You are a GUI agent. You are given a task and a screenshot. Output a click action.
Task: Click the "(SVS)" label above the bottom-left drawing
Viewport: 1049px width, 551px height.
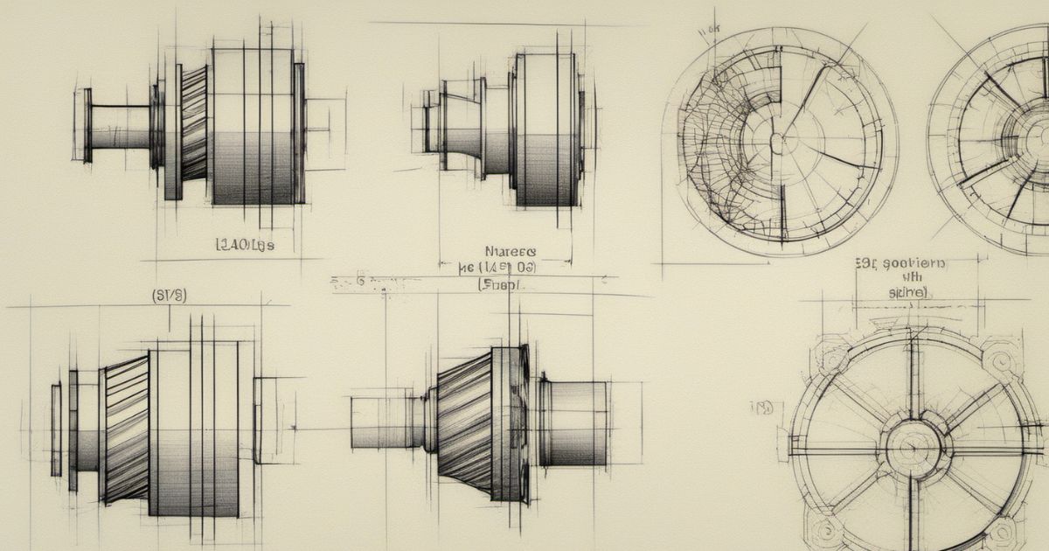click(x=169, y=296)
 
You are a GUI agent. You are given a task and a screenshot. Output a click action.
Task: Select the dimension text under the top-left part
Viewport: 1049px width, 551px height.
click(x=245, y=246)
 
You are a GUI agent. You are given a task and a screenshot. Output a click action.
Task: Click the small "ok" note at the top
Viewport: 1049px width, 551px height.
click(x=709, y=29)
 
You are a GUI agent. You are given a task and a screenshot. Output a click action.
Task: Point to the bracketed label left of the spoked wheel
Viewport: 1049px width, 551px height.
click(x=761, y=408)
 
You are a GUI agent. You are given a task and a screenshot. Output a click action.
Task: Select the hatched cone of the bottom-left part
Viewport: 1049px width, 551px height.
click(x=126, y=429)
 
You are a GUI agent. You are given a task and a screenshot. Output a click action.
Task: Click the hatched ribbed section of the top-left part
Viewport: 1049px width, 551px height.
click(x=194, y=122)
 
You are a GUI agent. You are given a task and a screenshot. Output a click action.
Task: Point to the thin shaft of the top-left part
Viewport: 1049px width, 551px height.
click(x=120, y=127)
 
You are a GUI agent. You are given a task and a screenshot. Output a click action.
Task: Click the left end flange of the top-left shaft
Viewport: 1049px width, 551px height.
click(x=87, y=125)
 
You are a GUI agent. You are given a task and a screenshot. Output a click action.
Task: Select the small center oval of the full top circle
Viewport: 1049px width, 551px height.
click(x=775, y=140)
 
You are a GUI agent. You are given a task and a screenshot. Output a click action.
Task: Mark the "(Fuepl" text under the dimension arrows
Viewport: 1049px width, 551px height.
click(x=499, y=284)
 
